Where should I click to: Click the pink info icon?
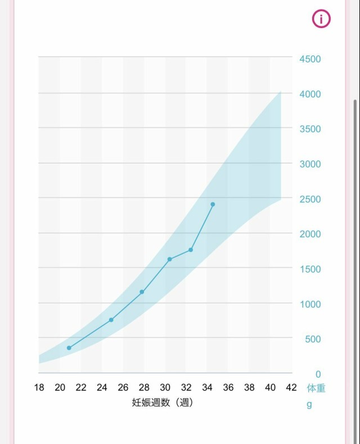click(321, 19)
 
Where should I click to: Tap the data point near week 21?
click(69, 348)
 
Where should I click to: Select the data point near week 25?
click(111, 320)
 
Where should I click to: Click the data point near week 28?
click(142, 292)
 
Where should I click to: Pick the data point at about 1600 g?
click(169, 259)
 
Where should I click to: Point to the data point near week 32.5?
click(191, 250)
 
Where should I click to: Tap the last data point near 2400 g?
click(213, 204)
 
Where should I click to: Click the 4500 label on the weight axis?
click(309, 59)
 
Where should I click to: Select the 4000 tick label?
click(309, 94)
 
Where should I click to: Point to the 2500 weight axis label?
click(309, 199)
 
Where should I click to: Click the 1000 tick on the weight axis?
click(309, 304)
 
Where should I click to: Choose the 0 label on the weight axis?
click(318, 374)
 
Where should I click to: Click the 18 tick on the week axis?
click(39, 388)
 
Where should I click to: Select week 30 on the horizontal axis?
click(165, 388)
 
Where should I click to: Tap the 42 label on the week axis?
click(291, 388)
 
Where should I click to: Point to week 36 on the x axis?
click(228, 388)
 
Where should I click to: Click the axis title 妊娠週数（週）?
click(163, 402)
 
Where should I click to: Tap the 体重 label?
click(316, 388)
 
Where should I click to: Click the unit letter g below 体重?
click(309, 405)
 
